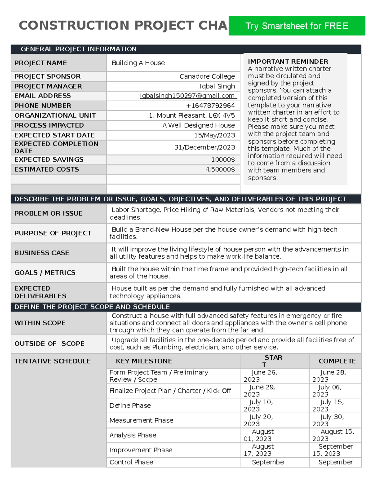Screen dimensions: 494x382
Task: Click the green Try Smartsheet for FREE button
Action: (x=297, y=26)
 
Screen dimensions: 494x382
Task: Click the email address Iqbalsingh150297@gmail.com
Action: (x=187, y=96)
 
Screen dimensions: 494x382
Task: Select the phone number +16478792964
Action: (x=210, y=106)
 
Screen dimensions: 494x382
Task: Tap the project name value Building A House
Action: (x=138, y=63)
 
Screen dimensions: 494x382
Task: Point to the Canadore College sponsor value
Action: (x=207, y=76)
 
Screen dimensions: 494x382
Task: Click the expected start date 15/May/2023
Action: (x=215, y=135)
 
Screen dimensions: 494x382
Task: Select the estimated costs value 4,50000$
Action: (x=220, y=170)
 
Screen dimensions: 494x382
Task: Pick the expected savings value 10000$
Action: (x=223, y=160)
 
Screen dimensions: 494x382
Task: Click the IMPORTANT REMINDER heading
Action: (x=288, y=61)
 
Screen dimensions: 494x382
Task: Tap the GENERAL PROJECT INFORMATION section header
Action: (x=78, y=49)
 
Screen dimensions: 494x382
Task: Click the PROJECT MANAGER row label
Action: (x=48, y=86)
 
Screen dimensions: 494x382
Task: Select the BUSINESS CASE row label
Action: (x=42, y=253)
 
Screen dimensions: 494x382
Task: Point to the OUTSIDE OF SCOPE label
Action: (x=49, y=344)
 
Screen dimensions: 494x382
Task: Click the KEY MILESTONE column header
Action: (x=144, y=361)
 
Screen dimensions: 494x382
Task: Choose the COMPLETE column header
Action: (x=337, y=361)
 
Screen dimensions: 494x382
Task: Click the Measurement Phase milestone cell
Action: (x=141, y=421)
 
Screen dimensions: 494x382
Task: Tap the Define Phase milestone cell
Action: (x=130, y=406)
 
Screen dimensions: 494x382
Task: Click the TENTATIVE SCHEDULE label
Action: (x=53, y=361)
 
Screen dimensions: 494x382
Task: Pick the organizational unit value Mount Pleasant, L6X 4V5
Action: (x=192, y=115)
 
